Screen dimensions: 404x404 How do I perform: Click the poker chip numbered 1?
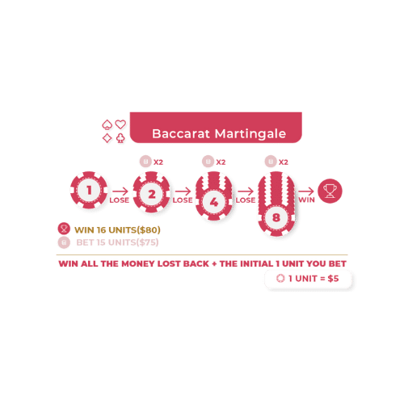pos(89,190)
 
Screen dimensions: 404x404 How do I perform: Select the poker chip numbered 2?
pos(152,191)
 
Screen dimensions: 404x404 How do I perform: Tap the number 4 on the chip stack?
pos(214,202)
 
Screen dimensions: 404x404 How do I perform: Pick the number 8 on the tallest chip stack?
pos(276,217)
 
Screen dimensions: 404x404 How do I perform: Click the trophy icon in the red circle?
pos(330,191)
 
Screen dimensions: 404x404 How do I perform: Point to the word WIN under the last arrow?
pos(306,200)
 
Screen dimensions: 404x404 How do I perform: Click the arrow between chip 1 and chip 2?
pos(120,191)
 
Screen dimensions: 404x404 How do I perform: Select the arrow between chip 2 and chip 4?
pos(183,191)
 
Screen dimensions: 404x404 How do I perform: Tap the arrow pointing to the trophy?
pos(306,191)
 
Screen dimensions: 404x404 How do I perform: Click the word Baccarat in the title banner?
pos(181,133)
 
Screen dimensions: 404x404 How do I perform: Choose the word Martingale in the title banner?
pos(250,134)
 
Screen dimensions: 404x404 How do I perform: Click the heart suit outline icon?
pos(120,124)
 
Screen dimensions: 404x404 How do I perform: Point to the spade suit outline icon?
pos(107,124)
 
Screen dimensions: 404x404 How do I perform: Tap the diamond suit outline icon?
pos(107,138)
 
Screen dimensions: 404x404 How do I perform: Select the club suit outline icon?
pos(120,138)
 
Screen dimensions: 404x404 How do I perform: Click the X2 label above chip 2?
pos(158,162)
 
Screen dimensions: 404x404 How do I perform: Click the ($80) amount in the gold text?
pos(149,230)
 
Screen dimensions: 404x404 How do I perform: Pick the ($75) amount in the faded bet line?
pos(147,242)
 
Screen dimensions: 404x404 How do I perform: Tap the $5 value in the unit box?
pos(333,279)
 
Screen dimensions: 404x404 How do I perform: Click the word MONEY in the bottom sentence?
pos(138,263)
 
